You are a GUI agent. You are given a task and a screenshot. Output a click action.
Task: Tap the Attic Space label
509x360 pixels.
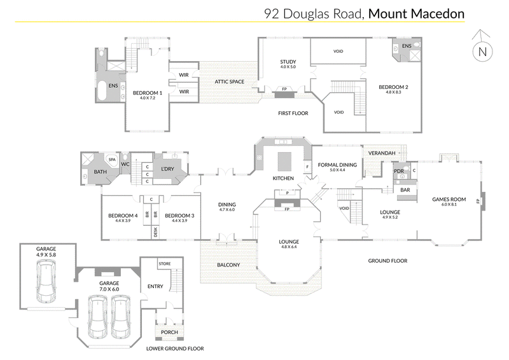[x=229, y=82]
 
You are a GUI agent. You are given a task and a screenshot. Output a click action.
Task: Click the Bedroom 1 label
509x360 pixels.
[x=148, y=93]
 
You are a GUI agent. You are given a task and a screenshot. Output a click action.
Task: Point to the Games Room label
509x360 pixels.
[x=449, y=199]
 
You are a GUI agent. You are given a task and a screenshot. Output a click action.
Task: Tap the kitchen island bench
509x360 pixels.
[x=284, y=162]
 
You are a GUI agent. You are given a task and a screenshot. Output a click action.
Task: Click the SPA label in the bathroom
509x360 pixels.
[x=112, y=160]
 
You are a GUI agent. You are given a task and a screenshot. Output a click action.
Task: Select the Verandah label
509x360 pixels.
[x=382, y=153]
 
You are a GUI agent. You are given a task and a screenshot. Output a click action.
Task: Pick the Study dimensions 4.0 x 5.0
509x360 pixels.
[x=288, y=67]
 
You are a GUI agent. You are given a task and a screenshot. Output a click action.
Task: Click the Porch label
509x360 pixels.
[x=169, y=332]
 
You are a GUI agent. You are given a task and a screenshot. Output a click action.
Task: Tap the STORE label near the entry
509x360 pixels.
[x=165, y=263]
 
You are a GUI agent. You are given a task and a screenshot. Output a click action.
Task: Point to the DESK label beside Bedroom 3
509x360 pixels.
[x=155, y=232]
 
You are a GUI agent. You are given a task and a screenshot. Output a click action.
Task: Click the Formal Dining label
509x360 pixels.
[x=337, y=165]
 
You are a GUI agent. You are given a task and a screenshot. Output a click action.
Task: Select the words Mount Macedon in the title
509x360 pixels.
[x=416, y=13]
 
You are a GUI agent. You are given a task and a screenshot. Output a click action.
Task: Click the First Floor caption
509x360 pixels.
[x=293, y=113]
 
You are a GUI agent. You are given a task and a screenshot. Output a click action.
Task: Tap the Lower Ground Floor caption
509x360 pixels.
[x=175, y=349]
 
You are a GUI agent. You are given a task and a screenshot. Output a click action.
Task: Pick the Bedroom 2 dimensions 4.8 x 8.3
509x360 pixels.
[x=393, y=92]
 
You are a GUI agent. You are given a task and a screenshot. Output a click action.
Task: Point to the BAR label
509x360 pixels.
[x=405, y=190]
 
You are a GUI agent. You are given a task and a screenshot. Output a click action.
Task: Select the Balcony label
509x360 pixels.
[x=228, y=265]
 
